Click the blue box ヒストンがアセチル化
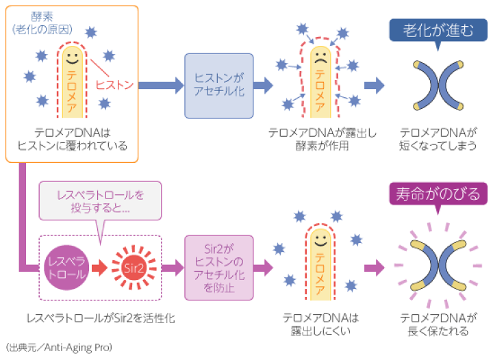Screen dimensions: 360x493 click(219, 85)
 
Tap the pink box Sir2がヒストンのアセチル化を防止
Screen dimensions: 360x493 click(219, 268)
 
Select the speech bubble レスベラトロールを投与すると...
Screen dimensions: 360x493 click(101, 200)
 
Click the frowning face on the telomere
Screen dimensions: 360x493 click(318, 57)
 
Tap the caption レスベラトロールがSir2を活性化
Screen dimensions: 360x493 click(101, 319)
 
